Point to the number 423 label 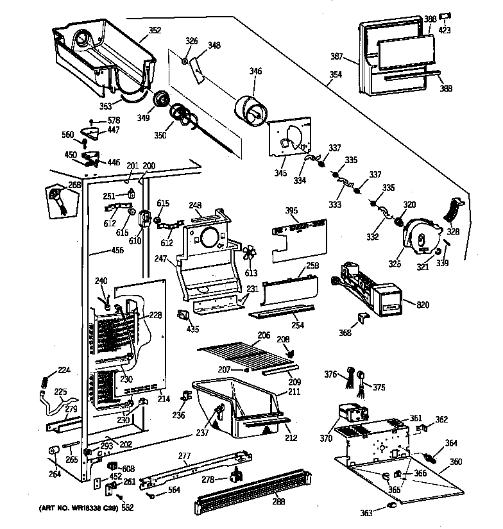445,29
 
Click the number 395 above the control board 291,210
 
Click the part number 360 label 456,461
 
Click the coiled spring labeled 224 46,381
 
